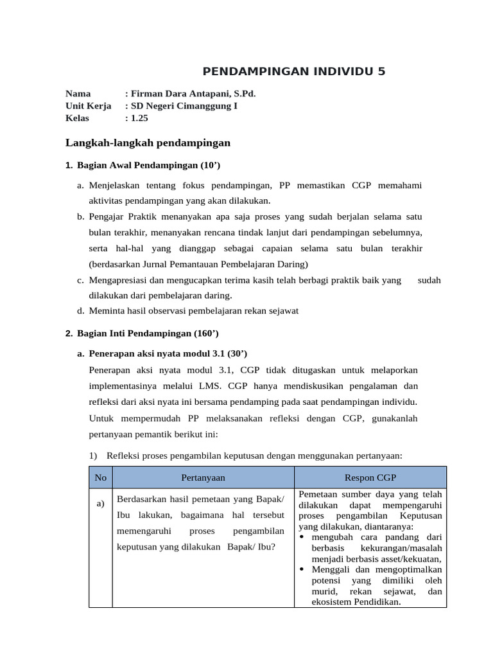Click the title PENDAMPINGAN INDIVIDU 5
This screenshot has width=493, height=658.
tap(294, 71)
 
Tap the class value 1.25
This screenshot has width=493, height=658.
tap(139, 118)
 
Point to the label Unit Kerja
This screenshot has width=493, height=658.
tap(89, 106)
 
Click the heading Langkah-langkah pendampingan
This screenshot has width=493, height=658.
tap(148, 142)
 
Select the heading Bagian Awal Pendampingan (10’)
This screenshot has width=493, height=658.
tap(148, 166)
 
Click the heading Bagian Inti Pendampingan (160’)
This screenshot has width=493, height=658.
tap(148, 333)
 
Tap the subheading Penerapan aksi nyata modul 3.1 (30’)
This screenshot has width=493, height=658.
tap(168, 353)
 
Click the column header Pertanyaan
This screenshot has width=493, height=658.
tap(203, 477)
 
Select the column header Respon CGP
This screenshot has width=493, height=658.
tap(370, 477)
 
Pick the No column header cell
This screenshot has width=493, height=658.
tap(100, 477)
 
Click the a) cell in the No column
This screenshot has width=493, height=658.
tap(100, 503)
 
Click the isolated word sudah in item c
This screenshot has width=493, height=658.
tap(429, 280)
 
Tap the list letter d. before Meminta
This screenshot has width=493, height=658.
tap(80, 311)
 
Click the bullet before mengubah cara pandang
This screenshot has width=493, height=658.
tap(302, 537)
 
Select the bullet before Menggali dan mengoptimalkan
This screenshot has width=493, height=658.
tap(302, 569)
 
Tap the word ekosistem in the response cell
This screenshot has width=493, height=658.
tap(334, 602)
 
